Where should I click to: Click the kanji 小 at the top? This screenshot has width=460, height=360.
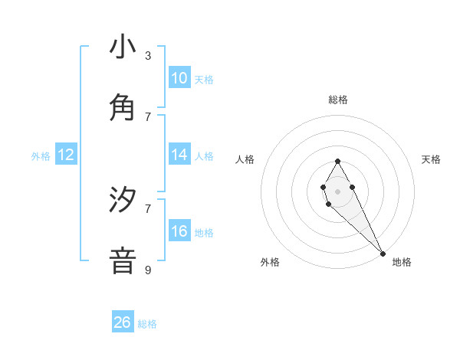[x=123, y=47]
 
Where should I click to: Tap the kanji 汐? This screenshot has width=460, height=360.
[x=123, y=201]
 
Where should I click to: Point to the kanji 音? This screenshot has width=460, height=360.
[x=123, y=260]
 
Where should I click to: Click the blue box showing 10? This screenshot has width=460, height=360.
[x=179, y=78]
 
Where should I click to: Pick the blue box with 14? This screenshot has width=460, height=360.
[x=179, y=155]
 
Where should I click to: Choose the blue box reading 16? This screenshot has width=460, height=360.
[x=179, y=231]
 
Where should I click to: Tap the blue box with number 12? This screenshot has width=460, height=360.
[x=66, y=155]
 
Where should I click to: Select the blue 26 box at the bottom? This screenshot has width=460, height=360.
[x=123, y=322]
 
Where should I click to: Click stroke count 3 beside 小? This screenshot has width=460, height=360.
[x=148, y=56]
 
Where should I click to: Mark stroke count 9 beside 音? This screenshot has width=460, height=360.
[x=148, y=270]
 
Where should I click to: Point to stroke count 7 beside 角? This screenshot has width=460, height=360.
[x=148, y=116]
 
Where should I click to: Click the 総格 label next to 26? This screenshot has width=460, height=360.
[x=147, y=324]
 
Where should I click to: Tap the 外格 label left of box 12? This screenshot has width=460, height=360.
[x=41, y=156]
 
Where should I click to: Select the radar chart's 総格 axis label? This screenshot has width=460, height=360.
[x=337, y=100]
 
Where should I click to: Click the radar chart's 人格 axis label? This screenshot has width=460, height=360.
[x=245, y=159]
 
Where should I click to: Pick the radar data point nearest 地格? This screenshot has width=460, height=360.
[x=383, y=253]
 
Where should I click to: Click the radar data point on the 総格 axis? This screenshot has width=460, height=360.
[x=337, y=161]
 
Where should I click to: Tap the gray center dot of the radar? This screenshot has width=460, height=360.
[x=337, y=191]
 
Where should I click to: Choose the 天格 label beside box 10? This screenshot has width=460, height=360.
[x=204, y=80]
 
